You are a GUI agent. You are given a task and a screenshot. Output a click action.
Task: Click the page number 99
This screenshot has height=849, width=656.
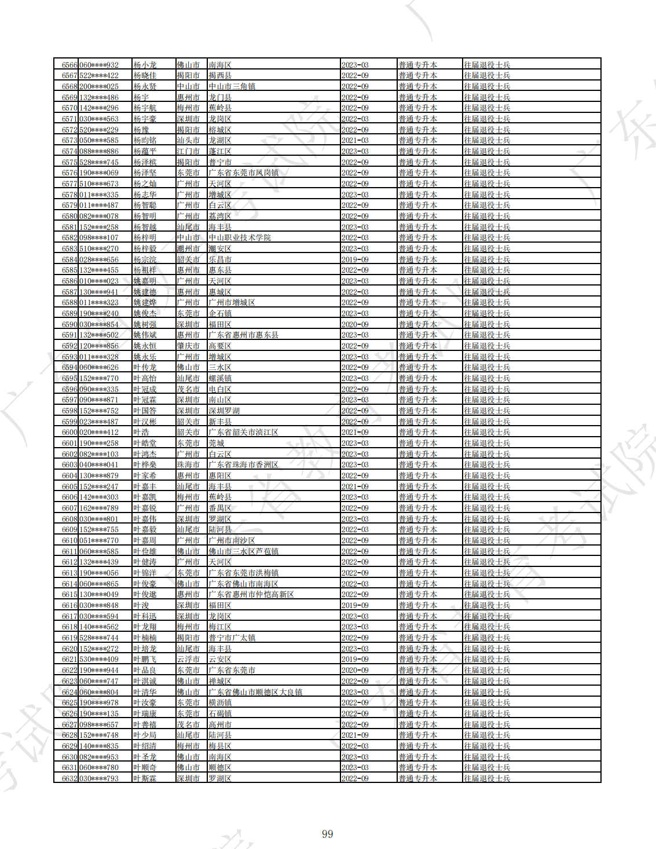coord(327,834)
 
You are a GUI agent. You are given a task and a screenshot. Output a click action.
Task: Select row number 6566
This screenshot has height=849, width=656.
coord(69,65)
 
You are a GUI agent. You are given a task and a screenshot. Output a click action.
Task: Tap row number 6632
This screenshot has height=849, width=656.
coord(69,778)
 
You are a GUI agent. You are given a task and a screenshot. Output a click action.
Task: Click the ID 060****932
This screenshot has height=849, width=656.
coord(99,65)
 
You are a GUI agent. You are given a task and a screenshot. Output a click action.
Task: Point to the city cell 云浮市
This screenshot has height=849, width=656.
coord(188,660)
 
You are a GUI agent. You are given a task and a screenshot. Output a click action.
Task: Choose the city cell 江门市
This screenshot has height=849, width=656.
coord(188,152)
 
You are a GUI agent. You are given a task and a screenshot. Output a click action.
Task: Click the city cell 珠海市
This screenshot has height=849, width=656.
coord(188,465)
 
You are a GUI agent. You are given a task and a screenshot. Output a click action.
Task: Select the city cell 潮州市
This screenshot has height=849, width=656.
coord(188,249)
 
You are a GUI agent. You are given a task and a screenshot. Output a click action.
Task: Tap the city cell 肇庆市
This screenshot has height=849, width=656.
coord(188,346)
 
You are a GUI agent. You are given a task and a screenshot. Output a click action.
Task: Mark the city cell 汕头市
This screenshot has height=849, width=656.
coord(188,141)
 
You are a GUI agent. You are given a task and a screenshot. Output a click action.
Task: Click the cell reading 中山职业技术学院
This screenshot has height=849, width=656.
coord(240,238)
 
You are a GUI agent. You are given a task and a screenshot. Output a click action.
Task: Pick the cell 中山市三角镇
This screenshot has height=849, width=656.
coord(232,87)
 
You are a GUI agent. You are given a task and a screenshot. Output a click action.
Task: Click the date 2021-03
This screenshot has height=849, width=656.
coord(355,141)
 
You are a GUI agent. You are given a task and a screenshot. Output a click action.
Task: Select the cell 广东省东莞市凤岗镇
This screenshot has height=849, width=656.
coord(244,173)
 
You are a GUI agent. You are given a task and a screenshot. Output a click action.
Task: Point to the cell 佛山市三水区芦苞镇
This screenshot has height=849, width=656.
coord(244,551)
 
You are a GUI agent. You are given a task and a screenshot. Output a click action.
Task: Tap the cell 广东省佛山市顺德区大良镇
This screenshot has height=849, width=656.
coord(255,692)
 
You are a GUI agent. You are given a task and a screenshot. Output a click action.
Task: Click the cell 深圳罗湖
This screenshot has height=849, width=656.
coord(224,411)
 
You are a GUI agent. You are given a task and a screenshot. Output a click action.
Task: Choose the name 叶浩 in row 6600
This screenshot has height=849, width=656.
coord(141,433)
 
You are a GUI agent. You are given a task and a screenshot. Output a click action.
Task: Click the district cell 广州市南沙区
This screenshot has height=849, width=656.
coord(232,541)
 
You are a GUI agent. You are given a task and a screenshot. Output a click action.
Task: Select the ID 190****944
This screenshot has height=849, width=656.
coord(99,671)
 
